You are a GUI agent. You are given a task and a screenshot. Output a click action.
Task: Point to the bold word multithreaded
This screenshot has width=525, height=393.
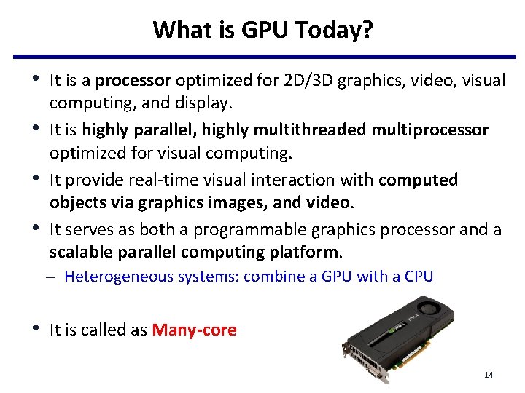pos(311,130)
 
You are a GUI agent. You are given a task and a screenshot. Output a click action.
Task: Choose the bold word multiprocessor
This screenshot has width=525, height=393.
pos(430,130)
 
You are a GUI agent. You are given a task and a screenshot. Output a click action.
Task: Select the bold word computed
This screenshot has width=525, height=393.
pos(419,180)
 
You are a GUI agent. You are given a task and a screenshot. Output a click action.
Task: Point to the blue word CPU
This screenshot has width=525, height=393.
pos(419,277)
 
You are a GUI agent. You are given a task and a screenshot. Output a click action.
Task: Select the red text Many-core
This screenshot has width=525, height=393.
pos(194,330)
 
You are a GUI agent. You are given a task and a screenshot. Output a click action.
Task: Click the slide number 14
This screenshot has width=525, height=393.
pos(489,375)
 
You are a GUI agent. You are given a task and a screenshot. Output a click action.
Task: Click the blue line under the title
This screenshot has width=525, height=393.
pos(262,57)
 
